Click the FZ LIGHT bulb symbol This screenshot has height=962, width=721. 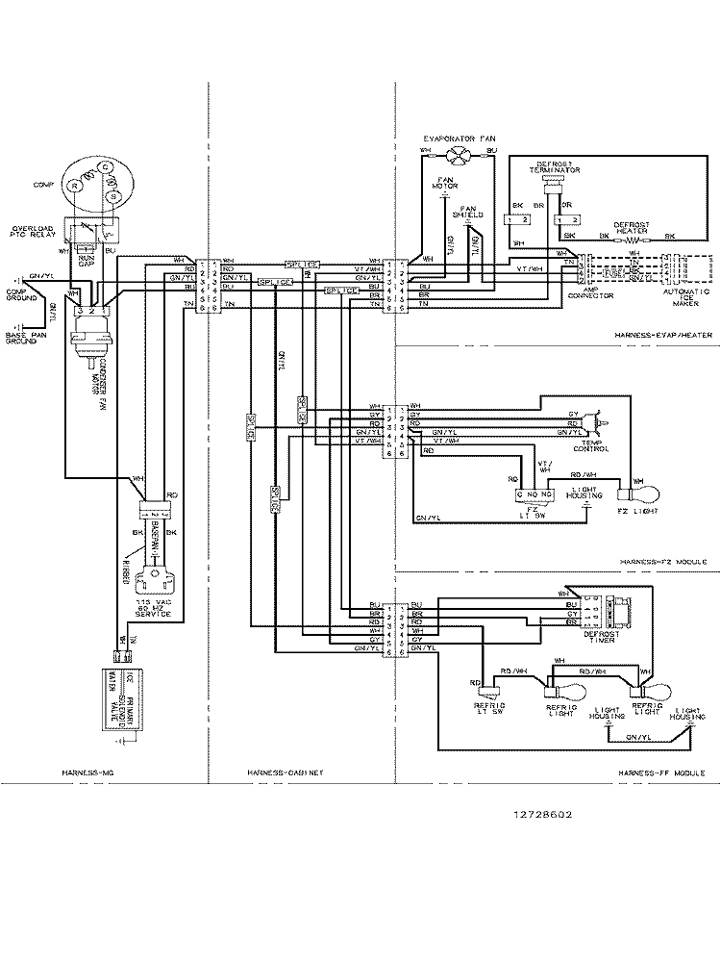click(x=641, y=494)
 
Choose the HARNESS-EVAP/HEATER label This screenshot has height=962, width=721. click(x=660, y=334)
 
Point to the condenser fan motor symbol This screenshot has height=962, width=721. click(x=94, y=342)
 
